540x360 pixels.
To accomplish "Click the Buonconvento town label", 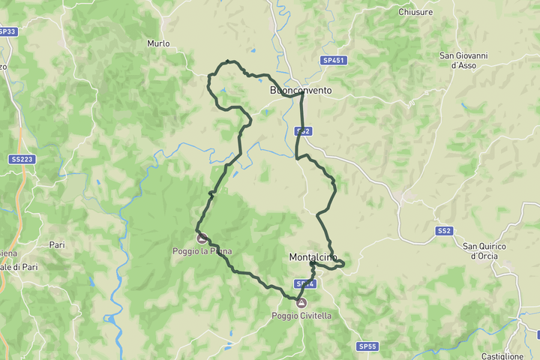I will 300,90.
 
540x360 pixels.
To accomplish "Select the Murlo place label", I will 158,43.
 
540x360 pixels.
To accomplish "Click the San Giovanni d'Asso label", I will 463,61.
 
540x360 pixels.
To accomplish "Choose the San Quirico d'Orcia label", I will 484,251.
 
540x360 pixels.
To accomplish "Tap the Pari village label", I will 57,244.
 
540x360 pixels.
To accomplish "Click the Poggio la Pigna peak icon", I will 202,238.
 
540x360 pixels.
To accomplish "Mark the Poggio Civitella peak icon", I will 301,303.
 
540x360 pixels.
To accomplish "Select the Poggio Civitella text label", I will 301,316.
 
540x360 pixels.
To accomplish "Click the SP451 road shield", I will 334,60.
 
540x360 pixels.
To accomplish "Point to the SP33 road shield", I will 7,31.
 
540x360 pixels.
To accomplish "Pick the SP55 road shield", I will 367,346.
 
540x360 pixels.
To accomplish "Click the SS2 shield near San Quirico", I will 444,230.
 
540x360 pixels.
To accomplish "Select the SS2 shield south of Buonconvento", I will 303,130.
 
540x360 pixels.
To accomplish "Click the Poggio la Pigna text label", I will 202,251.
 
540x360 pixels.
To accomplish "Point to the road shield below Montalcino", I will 304,284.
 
